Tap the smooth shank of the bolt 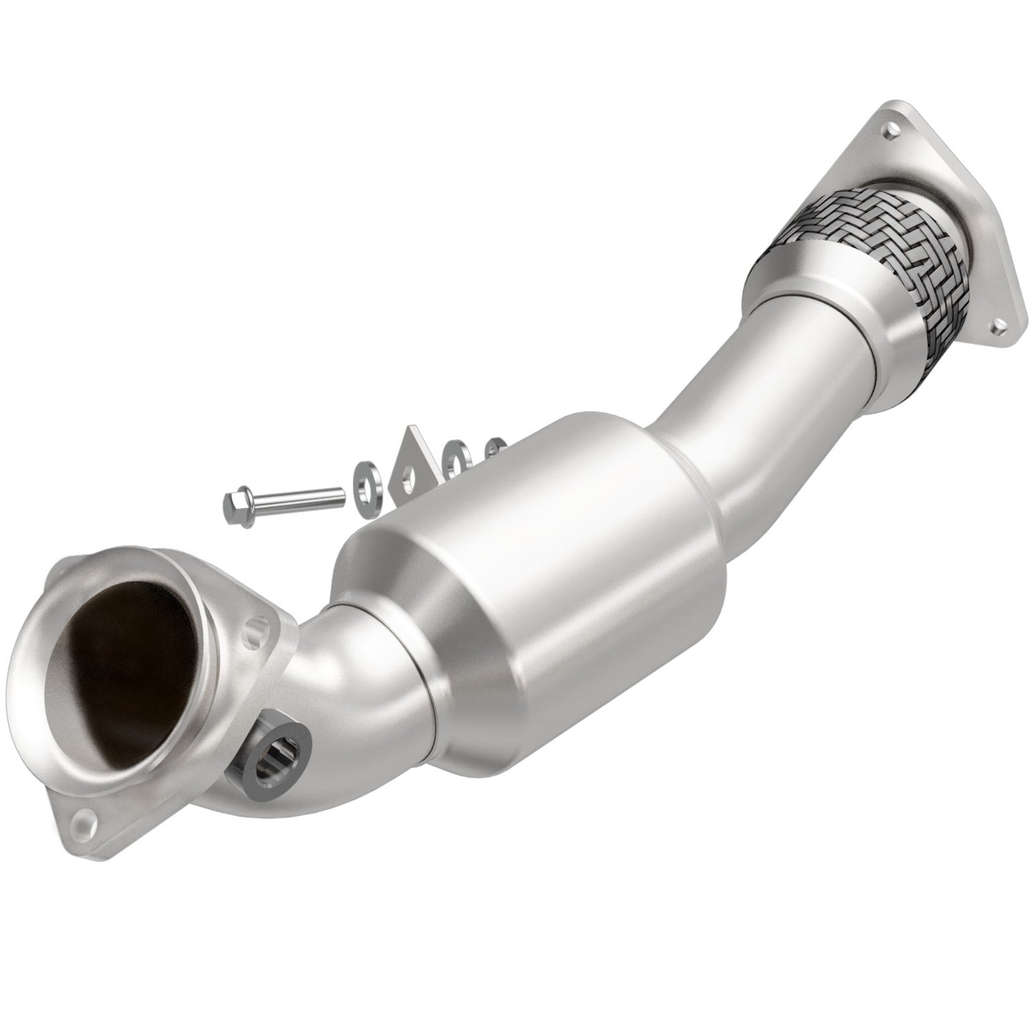(x=301, y=497)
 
